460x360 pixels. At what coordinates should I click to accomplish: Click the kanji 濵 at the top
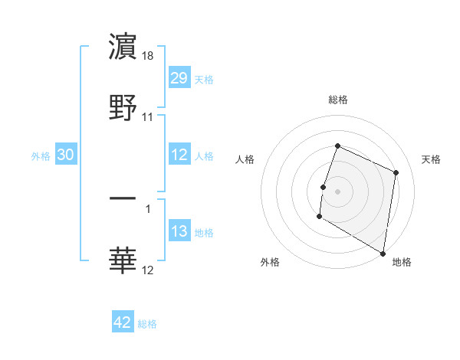(123, 47)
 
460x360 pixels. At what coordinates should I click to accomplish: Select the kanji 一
(123, 198)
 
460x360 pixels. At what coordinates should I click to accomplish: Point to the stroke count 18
(149, 56)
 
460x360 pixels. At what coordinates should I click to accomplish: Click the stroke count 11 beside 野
(148, 117)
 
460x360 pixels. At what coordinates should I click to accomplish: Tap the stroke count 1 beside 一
(148, 208)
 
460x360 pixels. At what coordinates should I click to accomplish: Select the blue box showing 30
(66, 155)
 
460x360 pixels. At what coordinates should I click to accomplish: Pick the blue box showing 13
(179, 231)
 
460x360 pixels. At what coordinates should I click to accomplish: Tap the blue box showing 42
(123, 322)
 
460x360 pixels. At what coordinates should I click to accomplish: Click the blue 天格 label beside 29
(203, 79)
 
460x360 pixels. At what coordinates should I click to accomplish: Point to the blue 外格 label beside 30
(41, 155)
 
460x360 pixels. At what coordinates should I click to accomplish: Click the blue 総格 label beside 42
(147, 324)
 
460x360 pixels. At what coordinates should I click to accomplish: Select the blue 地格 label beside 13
(203, 233)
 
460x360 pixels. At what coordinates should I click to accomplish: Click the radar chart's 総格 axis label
(337, 100)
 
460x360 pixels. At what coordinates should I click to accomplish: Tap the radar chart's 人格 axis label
(245, 159)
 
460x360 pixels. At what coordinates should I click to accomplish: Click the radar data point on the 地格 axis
(383, 253)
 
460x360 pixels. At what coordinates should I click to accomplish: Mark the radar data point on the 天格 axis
(396, 172)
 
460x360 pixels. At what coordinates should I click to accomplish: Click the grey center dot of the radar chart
(337, 190)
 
